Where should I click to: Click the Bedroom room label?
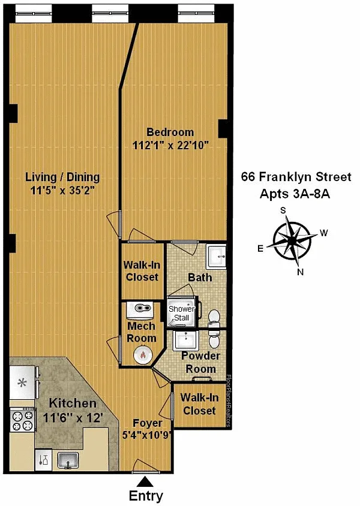pos(170,132)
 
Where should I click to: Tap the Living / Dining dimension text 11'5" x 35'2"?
pos(62,191)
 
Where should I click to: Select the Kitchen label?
pos(73,403)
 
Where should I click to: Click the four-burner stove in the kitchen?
pos(23,420)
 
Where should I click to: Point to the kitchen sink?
pos(68,460)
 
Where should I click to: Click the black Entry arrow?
pos(145,482)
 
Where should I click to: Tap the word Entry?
pos(146,496)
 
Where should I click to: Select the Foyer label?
pos(148,423)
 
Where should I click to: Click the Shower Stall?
pos(182,312)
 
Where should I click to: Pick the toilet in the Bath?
pos(214,317)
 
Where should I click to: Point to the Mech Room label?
pos(142,332)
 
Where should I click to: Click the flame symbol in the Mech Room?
pos(142,354)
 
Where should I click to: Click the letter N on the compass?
pos(300,272)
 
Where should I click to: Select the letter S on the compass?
pos(283,210)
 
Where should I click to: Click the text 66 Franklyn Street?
pos(296,177)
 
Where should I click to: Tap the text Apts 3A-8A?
pos(295,194)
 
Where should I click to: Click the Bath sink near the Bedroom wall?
pos(217,256)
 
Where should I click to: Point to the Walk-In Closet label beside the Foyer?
pos(199,404)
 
